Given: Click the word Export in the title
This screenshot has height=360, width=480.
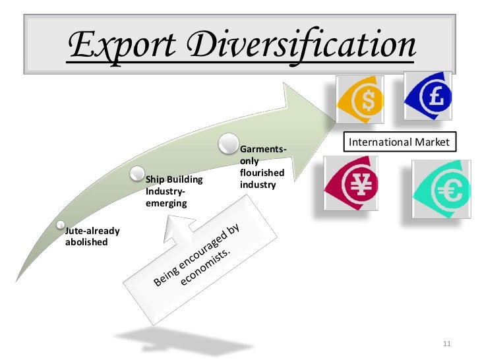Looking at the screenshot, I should coord(119,45).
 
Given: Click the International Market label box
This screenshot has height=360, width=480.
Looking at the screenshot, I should coord(398,142).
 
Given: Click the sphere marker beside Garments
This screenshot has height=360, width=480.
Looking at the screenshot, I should coord(228,142).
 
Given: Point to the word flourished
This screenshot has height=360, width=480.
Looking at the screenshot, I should coord(262,173).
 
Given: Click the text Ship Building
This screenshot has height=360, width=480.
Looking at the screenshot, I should coord(174,180).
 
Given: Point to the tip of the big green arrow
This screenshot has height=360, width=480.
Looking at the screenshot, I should coord(334,118).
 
